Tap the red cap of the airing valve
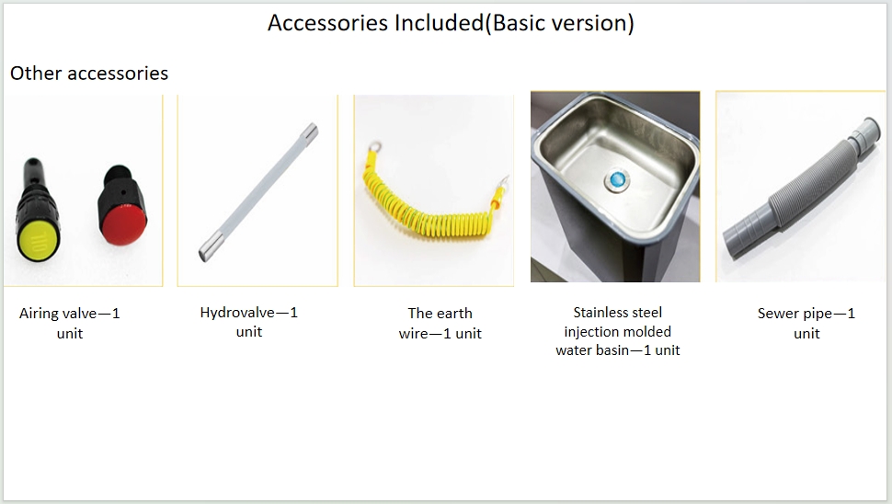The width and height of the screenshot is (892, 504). coord(124,226)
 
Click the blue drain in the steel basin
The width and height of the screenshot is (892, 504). coord(617,180)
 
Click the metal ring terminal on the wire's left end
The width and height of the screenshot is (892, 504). coord(374,148)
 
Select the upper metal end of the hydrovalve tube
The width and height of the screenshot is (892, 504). coord(310,132)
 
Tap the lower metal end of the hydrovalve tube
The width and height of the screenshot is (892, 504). coord(207,251)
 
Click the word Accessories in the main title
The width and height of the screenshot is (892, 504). coord(328,23)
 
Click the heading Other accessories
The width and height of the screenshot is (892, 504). coord(89,74)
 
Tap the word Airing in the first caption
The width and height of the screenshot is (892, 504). coord(38,314)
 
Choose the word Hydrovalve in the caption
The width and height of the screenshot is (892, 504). coord(237,313)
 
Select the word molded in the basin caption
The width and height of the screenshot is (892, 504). coord(649,332)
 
